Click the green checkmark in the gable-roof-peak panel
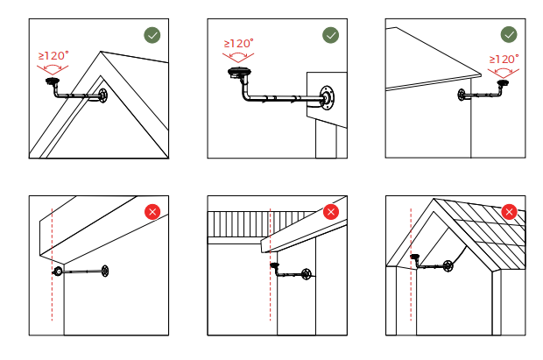pos(152,35)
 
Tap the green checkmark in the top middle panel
pos(331,35)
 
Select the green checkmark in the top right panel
pos(509,35)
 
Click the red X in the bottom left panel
pos(152,212)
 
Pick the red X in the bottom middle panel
pos(331,212)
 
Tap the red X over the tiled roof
pos(509,212)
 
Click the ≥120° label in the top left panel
pos(53,55)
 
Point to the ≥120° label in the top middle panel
pos(238,43)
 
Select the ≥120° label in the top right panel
pos(504,59)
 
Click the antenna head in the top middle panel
pos(239,73)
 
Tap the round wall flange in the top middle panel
pos(327,97)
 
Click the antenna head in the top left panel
pos(53,81)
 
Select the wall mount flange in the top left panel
pos(102,95)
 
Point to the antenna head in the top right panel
pos(503,83)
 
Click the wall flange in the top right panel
pos(462,95)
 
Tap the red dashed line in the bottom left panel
pos(52,265)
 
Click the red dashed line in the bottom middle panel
pos(270,265)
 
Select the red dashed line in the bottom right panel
pos(411,265)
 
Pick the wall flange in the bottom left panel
pos(104,272)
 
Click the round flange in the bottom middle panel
pos(307,274)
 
